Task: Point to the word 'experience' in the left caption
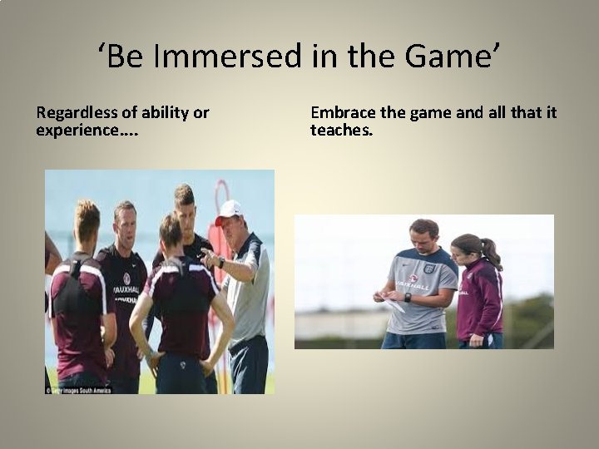pos(72,131)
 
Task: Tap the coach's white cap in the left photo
pos(229,210)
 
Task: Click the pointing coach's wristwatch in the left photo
pos(220,263)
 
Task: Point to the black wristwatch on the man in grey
pos(408,297)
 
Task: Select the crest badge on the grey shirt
pos(429,269)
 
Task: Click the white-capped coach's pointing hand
pos(206,259)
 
